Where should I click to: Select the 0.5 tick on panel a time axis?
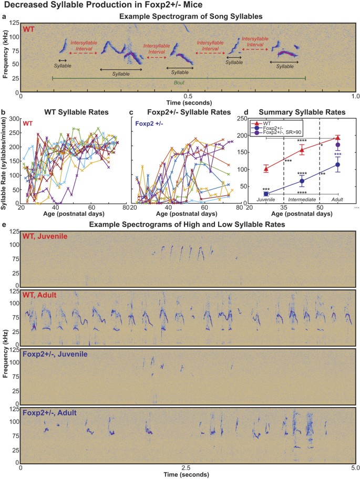[x=188, y=97]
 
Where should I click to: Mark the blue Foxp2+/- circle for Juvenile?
[x=266, y=193]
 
